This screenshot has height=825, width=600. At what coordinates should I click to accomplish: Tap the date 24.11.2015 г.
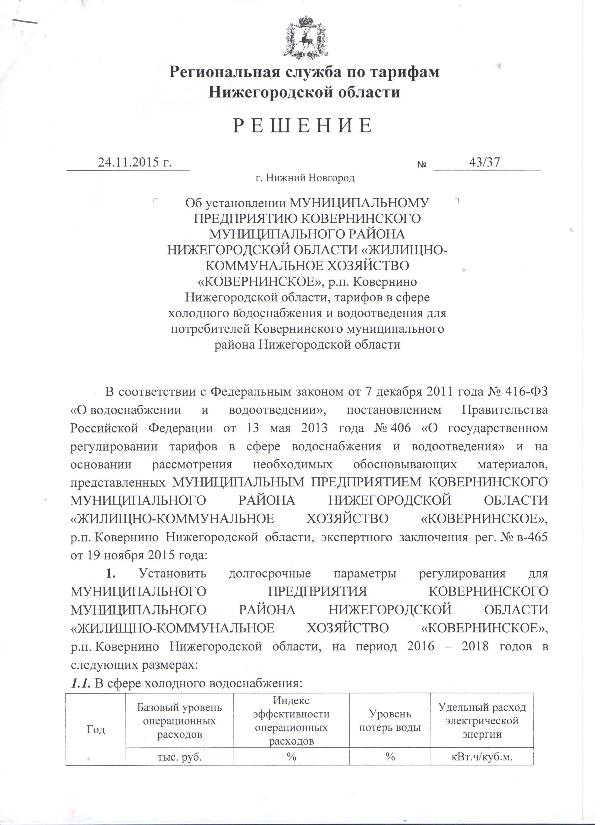pyautogui.click(x=135, y=162)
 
